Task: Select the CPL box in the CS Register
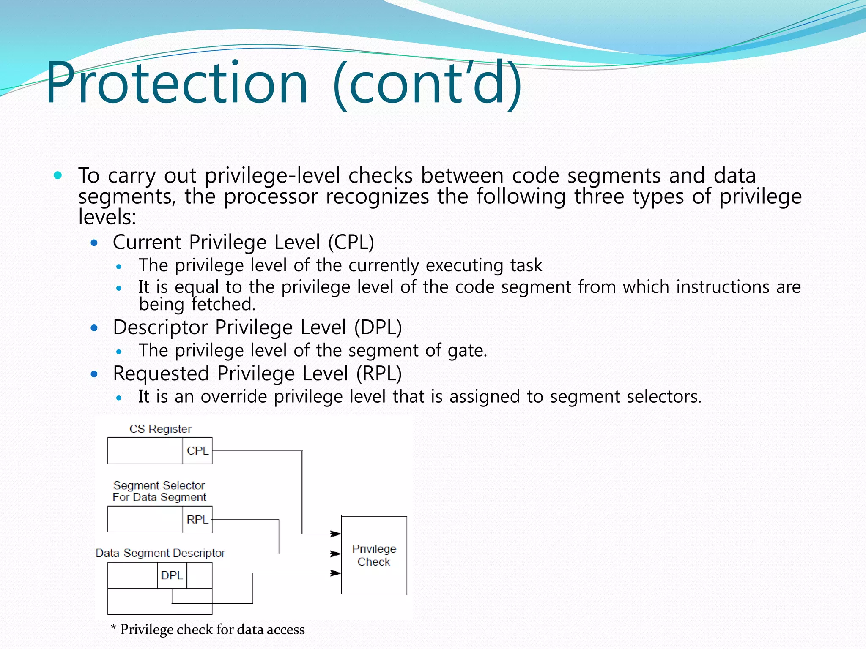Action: click(197, 451)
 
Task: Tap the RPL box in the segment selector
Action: click(197, 519)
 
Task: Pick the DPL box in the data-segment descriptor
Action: click(172, 575)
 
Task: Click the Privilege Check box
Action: click(374, 555)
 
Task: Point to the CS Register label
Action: click(160, 429)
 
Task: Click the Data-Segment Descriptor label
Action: click(160, 553)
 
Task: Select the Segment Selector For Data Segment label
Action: click(159, 491)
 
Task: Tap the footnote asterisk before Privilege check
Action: click(113, 628)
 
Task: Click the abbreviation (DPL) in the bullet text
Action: click(378, 327)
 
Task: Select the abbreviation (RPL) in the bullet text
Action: click(378, 374)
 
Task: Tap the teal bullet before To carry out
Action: click(58, 175)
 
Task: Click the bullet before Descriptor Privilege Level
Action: click(94, 328)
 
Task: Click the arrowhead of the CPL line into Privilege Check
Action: click(336, 534)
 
